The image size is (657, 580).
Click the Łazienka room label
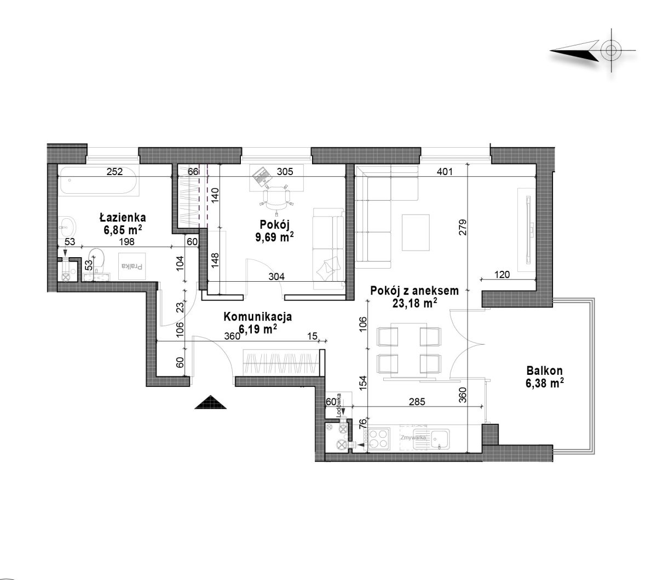tap(123, 217)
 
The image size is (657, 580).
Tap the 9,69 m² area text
tap(274, 237)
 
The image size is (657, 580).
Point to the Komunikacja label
tap(257, 316)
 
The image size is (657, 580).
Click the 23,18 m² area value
tap(415, 303)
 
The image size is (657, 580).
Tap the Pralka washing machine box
tap(131, 266)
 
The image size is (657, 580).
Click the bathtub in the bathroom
tap(99, 180)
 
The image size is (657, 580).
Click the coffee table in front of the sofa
tap(416, 233)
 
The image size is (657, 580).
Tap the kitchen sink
tap(431, 439)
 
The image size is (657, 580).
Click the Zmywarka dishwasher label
tap(413, 437)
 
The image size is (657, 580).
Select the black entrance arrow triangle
tap(210, 402)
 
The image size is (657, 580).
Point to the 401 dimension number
tap(444, 171)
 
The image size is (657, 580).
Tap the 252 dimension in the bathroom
tap(114, 171)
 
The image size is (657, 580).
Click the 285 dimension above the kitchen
tap(417, 402)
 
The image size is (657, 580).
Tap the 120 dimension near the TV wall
tap(502, 275)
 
